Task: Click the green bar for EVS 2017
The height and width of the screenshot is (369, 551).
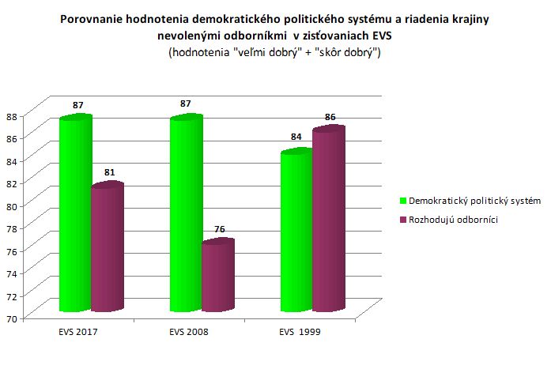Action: click(76, 213)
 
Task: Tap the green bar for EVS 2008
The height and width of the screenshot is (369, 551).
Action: click(187, 213)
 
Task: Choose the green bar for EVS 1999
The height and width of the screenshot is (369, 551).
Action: click(296, 230)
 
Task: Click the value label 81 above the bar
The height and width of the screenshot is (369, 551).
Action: click(109, 173)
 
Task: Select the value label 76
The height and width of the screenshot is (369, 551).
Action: click(220, 229)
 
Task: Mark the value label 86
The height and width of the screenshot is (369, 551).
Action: click(330, 117)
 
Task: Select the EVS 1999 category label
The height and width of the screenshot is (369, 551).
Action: click(300, 333)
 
